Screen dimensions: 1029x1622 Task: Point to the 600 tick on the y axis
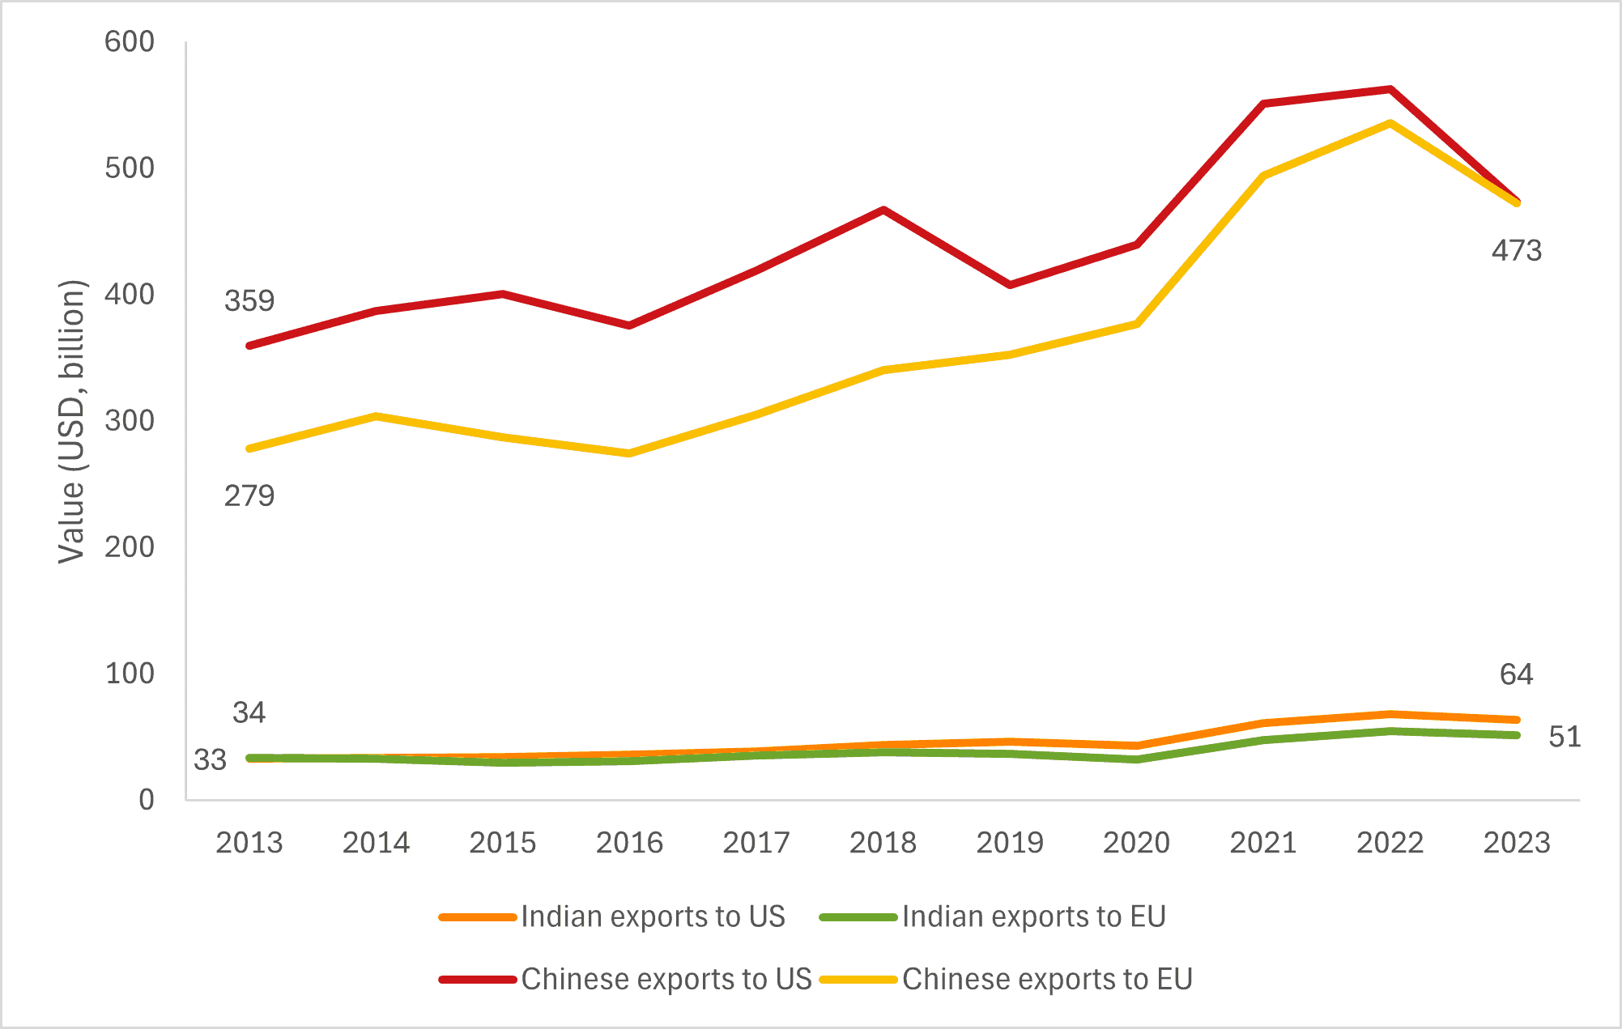130,41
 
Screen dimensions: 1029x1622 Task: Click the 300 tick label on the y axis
130,420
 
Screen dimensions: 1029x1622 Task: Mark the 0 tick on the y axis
147,799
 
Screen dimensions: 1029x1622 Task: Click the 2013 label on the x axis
249,843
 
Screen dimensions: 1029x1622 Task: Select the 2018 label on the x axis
883,843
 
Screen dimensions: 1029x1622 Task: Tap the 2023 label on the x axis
1517,843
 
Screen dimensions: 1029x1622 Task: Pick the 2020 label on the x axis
1136,843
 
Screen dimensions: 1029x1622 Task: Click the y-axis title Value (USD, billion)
72,421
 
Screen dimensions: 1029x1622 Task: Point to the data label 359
249,301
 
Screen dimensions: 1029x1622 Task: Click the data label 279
249,495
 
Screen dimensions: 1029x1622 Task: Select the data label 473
1517,251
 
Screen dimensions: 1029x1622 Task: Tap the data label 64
1517,674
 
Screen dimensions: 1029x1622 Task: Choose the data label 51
1565,737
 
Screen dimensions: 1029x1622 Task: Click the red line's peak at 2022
1390,89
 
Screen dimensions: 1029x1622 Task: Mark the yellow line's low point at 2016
629,453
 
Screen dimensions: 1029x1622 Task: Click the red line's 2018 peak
883,210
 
